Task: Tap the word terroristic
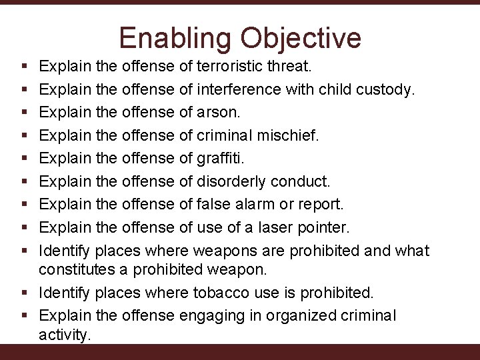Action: click(x=233, y=67)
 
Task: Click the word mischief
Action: click(x=287, y=135)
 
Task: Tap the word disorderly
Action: click(x=232, y=181)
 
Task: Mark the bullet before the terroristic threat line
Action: click(x=24, y=67)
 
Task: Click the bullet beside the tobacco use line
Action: click(x=24, y=292)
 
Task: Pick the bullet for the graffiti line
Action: click(x=24, y=159)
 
